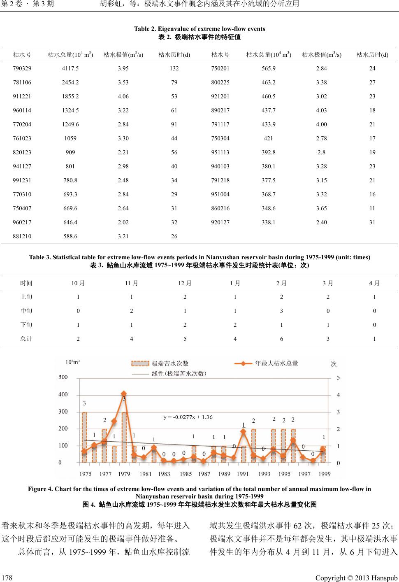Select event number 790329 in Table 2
(22, 68)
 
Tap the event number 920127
(220, 222)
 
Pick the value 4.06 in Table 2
(123, 96)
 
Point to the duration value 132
(174, 68)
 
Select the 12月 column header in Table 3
(185, 283)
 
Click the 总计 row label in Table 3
(26, 339)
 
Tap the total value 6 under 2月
(281, 339)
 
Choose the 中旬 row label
(26, 311)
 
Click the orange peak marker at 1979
(124, 393)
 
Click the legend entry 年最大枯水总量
(276, 363)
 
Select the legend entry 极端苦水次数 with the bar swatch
(170, 363)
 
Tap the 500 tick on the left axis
(63, 377)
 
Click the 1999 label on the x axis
(324, 474)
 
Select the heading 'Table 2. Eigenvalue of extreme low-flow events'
(199, 29)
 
